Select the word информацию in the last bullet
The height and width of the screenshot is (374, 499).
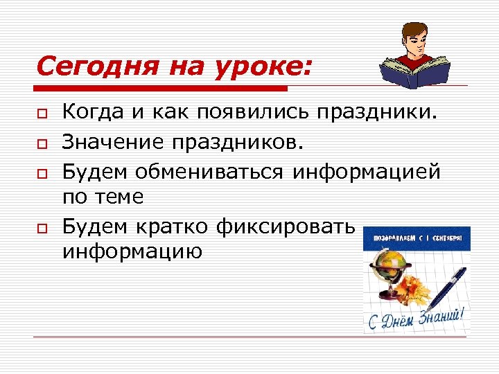click(132, 251)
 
